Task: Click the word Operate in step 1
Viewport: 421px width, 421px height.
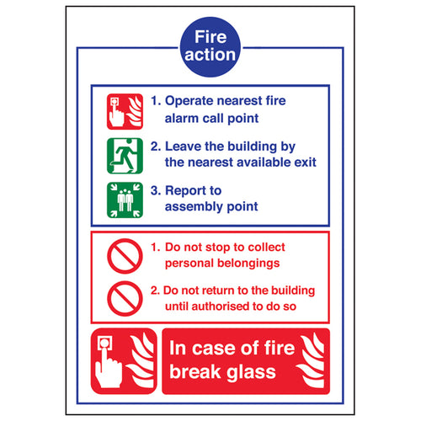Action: [191, 101]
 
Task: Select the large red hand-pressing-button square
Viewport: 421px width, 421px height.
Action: [124, 360]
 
